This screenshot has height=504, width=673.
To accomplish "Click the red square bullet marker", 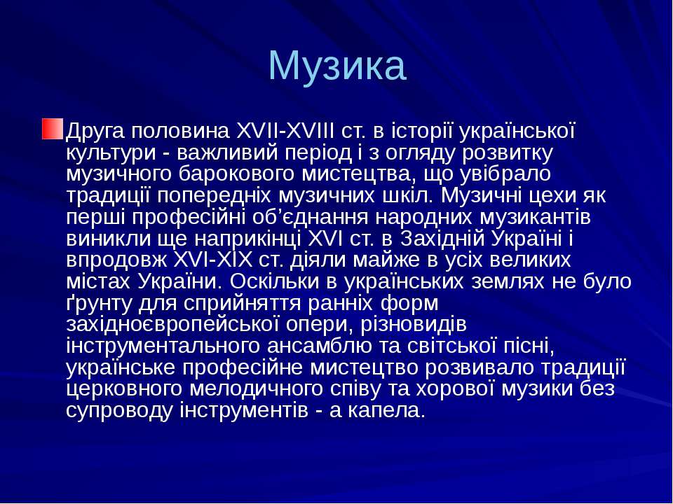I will tap(52, 129).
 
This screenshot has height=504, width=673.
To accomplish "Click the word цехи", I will tap(555, 195).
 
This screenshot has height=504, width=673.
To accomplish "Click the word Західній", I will tap(444, 238).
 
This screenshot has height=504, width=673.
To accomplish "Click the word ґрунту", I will tap(96, 304).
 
